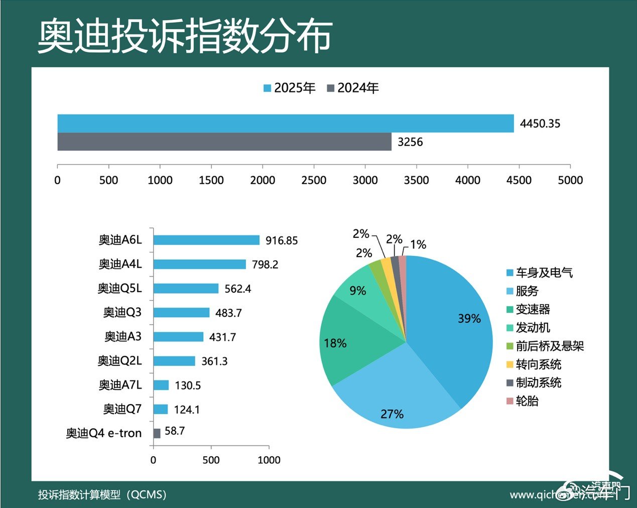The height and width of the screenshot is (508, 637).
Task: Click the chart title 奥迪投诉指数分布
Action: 185,36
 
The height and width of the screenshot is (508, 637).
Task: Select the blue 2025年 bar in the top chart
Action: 285,123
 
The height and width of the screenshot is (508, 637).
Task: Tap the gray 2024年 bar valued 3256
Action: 224,142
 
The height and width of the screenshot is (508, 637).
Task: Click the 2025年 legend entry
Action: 289,88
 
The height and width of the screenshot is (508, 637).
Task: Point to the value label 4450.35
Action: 540,123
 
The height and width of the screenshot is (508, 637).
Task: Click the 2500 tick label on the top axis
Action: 314,180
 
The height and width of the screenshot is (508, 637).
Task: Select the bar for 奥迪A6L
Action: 206,240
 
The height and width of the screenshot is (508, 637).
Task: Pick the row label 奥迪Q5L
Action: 120,288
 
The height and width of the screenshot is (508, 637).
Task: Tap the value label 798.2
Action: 265,265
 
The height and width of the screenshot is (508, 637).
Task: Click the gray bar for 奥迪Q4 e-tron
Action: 157,433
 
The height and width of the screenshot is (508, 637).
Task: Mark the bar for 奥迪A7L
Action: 161,385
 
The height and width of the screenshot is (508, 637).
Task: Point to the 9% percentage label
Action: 358,291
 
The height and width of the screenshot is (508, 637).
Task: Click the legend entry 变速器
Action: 532,309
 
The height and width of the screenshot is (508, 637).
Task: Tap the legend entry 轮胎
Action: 527,401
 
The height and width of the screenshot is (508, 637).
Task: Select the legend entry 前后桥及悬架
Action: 549,346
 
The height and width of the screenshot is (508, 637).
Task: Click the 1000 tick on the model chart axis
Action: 269,460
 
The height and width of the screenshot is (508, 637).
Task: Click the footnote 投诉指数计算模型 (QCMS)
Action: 102,494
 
